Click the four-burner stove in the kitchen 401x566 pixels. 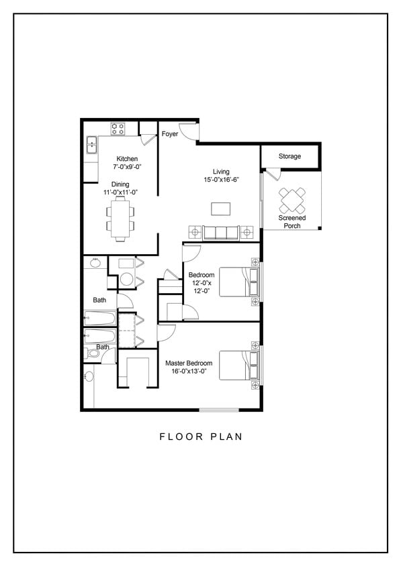tap(119, 128)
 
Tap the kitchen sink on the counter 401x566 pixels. tap(91, 146)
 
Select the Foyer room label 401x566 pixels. tap(169, 134)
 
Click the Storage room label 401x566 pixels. tap(289, 156)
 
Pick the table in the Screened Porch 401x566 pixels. tap(292, 199)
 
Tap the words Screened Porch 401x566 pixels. tap(292, 222)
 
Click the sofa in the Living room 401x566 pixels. tap(221, 233)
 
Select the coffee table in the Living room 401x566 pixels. tap(220, 209)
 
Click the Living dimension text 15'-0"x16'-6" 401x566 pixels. tap(222, 180)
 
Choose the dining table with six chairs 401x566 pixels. tap(120, 219)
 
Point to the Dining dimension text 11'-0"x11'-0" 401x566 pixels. tap(120, 192)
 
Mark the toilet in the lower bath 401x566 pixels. tap(90, 353)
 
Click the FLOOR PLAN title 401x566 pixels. tap(200, 437)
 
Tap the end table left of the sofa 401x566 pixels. tap(195, 233)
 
